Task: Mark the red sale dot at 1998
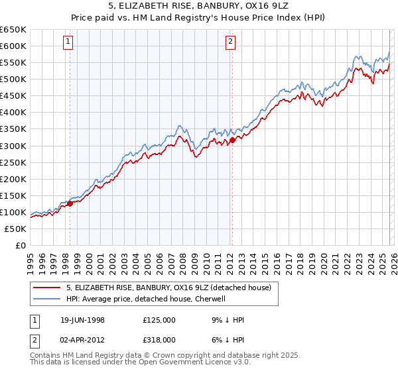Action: (70, 204)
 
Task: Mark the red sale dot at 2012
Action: (232, 140)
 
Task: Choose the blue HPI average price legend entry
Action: (146, 299)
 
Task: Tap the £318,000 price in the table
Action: (159, 339)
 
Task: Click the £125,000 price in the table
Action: (159, 320)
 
